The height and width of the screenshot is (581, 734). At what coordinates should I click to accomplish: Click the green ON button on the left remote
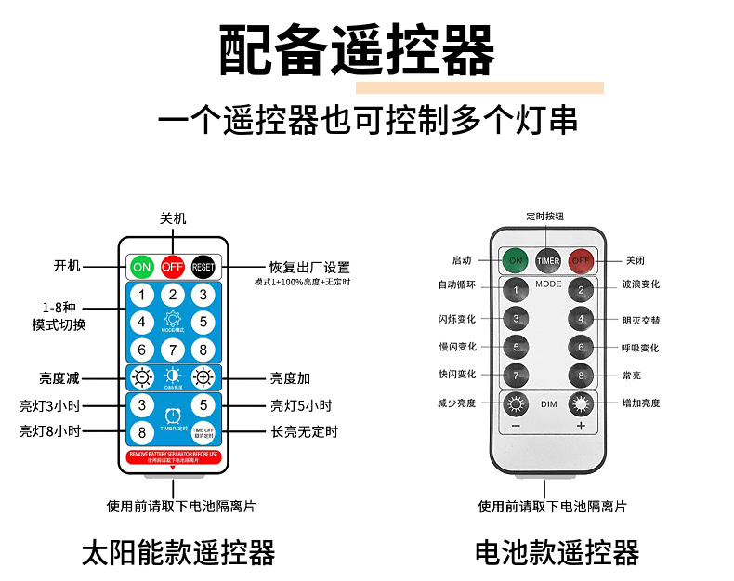point(141,267)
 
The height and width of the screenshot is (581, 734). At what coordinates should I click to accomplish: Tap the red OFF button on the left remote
point(173,267)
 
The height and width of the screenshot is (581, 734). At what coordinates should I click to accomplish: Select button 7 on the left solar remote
point(173,350)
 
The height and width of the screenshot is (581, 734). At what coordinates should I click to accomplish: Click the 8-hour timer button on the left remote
point(141,432)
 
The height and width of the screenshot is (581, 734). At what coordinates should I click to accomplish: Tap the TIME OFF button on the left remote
point(203,432)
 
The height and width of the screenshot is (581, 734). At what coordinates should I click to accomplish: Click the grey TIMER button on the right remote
point(548,260)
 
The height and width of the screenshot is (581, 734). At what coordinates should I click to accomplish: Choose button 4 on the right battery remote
point(581,319)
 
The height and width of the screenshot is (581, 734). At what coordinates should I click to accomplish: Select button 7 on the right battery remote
point(517,376)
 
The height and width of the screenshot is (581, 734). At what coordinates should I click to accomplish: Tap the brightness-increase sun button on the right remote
point(581,404)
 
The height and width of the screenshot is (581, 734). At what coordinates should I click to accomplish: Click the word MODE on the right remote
point(548,284)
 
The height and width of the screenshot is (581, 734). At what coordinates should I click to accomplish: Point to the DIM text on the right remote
point(549,404)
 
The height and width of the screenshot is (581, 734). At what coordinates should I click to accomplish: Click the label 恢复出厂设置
point(308,267)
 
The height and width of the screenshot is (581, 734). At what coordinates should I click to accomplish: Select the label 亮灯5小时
point(301,405)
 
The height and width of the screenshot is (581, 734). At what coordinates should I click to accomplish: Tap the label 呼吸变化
point(641,348)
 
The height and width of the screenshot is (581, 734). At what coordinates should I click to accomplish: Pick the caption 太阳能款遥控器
point(178,553)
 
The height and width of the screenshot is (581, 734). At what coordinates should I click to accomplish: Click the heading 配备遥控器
point(357,51)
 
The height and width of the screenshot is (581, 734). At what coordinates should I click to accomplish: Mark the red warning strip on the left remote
point(173,456)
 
